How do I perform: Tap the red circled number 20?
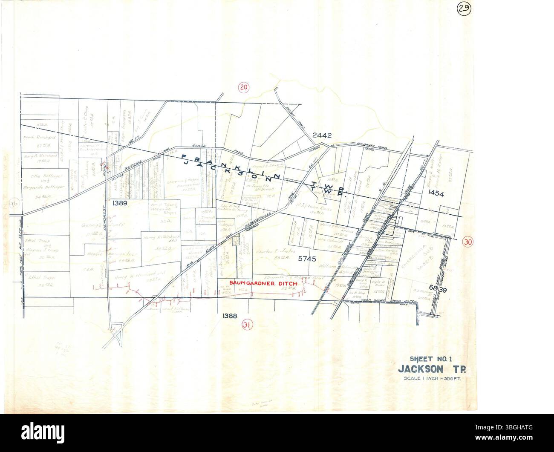point(244,88)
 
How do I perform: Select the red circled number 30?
point(468,242)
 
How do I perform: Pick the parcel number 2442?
point(322,135)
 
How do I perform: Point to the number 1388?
point(230,315)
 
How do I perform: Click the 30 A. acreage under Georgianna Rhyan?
point(161,222)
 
